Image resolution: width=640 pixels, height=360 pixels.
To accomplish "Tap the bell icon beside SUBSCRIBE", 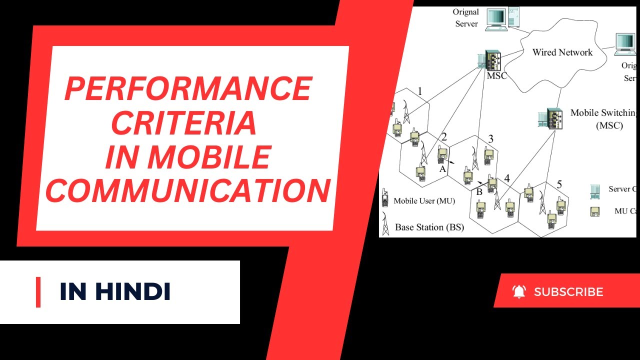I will (519, 291).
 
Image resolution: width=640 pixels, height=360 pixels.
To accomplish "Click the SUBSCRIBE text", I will (568, 292).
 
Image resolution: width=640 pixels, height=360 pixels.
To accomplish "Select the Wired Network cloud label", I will (562, 52).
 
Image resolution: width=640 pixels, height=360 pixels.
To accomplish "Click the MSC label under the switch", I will (496, 76).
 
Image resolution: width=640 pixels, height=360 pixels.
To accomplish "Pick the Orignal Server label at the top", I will (466, 17).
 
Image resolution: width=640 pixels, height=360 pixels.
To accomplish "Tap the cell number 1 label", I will (420, 91).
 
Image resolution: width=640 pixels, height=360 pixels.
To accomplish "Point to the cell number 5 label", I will (559, 184).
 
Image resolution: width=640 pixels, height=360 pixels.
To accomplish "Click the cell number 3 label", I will (490, 138).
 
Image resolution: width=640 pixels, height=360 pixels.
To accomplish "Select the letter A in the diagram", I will (442, 169).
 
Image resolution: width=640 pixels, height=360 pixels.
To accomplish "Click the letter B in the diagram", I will (478, 191).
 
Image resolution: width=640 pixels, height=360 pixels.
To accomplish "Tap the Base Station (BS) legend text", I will (429, 227).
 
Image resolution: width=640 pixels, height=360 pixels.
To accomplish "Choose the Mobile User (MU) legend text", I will (424, 201).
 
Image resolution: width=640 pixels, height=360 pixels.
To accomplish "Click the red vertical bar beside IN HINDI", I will (38, 292).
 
